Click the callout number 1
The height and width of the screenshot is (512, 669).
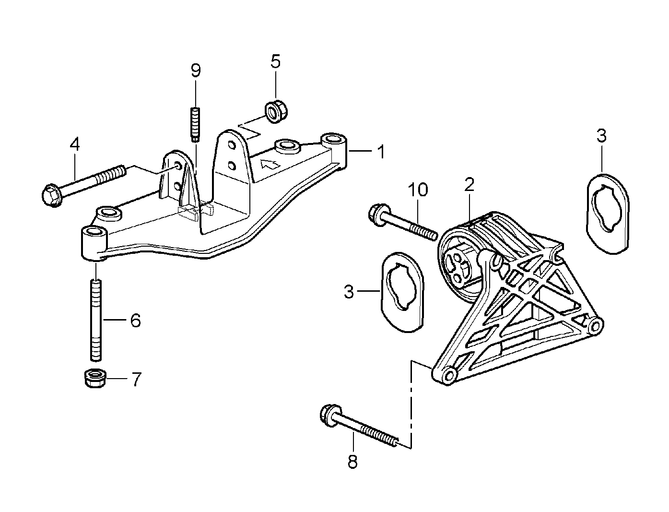[381, 153]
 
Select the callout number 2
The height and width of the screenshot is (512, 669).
[469, 184]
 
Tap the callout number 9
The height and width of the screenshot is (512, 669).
[196, 71]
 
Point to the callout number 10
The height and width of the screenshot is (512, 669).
[418, 190]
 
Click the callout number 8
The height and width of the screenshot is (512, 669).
[352, 462]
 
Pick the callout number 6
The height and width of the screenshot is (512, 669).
[135, 320]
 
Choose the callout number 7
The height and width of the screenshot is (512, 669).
[136, 380]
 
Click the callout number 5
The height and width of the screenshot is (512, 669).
[275, 61]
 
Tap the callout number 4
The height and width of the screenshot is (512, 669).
[74, 143]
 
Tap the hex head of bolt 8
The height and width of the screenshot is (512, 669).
[329, 414]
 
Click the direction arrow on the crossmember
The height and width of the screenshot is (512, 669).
[269, 164]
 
